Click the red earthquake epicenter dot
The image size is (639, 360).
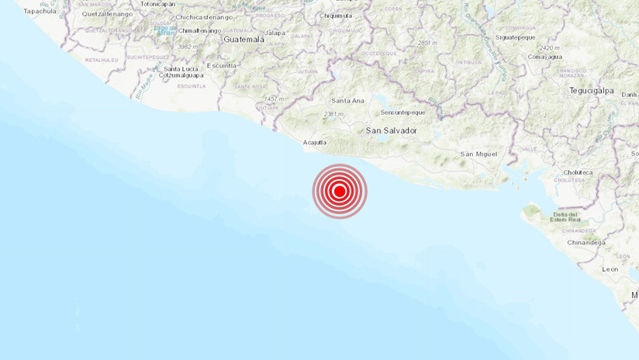[x=339, y=191]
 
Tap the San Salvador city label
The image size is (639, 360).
[x=391, y=130]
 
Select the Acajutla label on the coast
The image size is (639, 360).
[x=314, y=142]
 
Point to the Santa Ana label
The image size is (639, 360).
[x=347, y=101]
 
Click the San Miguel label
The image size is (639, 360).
[x=478, y=154]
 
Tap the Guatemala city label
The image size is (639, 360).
[x=244, y=39]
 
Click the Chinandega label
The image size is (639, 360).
[x=585, y=242]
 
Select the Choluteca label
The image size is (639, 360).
[x=577, y=172]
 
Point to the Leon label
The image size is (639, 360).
[x=610, y=269]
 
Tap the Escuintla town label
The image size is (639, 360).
[x=222, y=65]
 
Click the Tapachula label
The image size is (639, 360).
[x=40, y=11]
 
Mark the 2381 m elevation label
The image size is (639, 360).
[x=333, y=114]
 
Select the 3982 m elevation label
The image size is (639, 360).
[x=187, y=47]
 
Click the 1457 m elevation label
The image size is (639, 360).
[x=274, y=99]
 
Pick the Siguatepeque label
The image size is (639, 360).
[x=516, y=36]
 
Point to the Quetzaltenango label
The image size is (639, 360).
[x=107, y=14]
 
